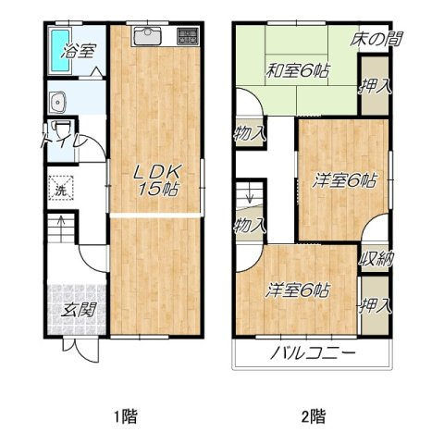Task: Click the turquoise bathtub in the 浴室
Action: (x=60, y=50)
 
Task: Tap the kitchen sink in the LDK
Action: (x=148, y=36)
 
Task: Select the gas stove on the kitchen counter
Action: (x=188, y=36)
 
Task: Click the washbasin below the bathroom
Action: (x=57, y=102)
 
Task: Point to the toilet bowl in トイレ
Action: (x=61, y=129)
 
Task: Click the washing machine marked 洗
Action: (x=61, y=188)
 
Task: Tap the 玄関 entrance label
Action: (x=79, y=310)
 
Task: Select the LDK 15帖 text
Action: (x=156, y=180)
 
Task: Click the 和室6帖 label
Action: (x=298, y=70)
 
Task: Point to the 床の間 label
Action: (x=376, y=39)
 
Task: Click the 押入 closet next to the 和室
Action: (x=375, y=86)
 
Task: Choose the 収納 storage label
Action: (x=376, y=258)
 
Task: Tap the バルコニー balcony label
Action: (x=313, y=353)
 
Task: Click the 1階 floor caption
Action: (x=126, y=416)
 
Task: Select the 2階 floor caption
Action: (x=314, y=416)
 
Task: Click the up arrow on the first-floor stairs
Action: (x=61, y=228)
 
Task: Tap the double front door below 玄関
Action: (x=81, y=351)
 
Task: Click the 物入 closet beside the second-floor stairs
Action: (x=250, y=225)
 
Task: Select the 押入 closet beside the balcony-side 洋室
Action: (x=375, y=305)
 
